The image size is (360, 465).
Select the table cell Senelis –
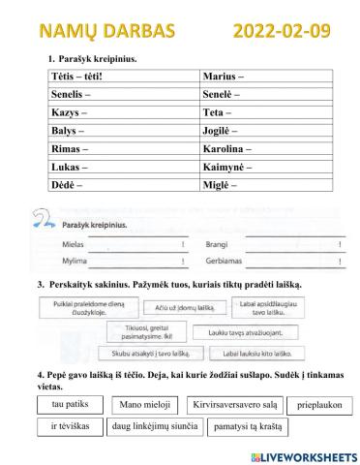(123, 95)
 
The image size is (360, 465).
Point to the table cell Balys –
(123, 131)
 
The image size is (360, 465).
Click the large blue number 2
(41, 216)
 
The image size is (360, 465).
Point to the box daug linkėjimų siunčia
(155, 426)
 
